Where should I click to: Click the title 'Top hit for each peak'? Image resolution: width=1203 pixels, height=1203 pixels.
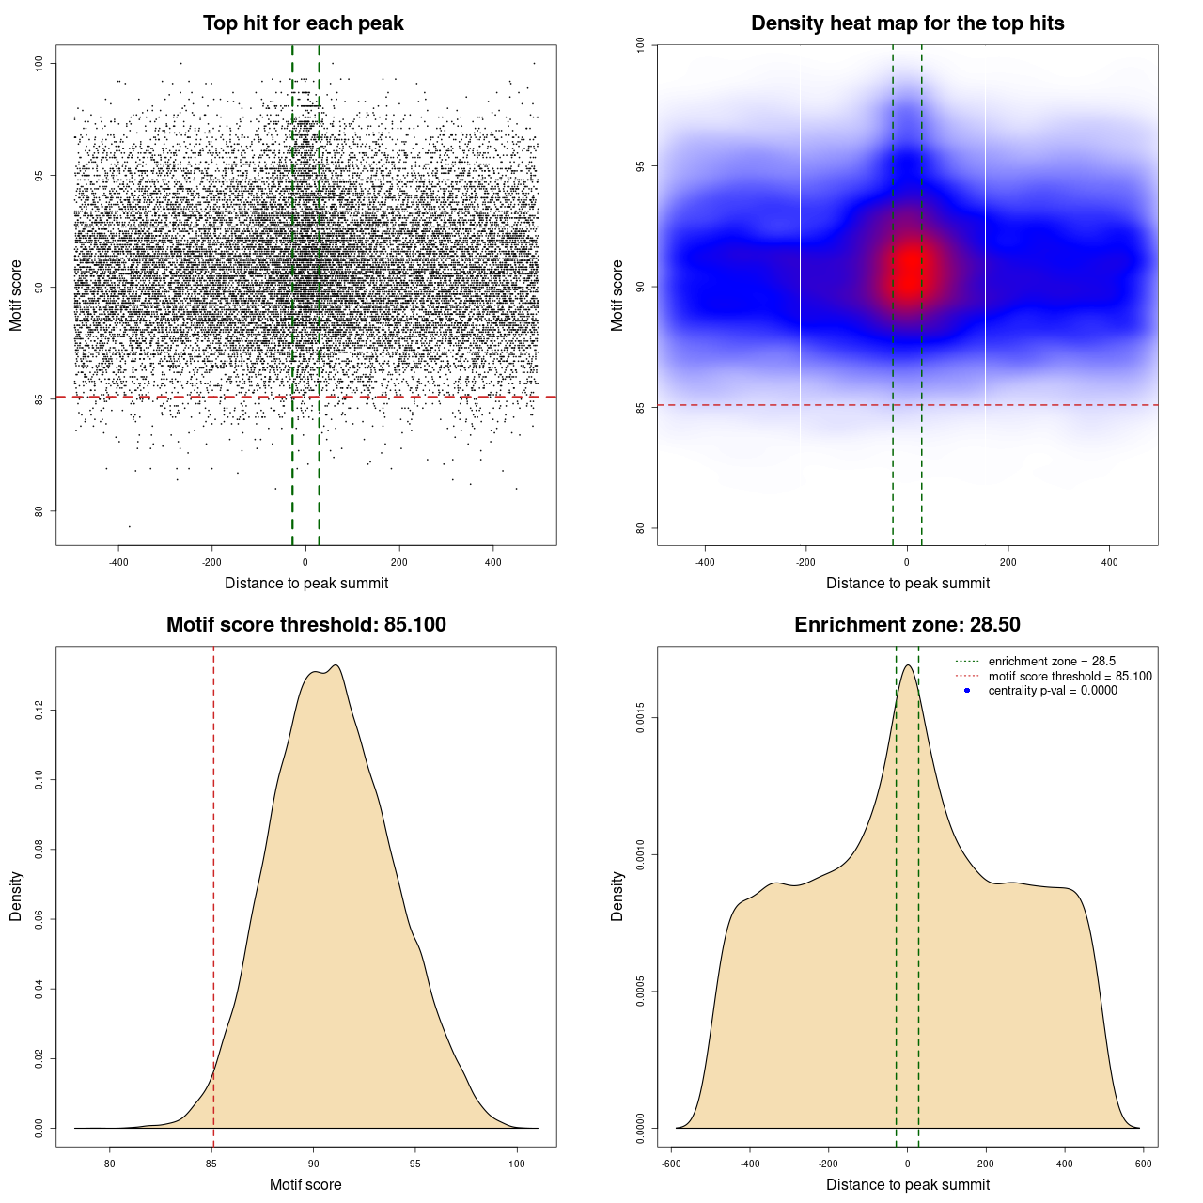(x=303, y=23)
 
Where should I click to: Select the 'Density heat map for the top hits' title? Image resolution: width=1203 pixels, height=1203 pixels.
(x=907, y=23)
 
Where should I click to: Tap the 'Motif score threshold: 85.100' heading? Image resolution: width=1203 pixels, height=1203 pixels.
(x=305, y=625)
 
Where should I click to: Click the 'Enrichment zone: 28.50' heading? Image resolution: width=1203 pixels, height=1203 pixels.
(x=907, y=625)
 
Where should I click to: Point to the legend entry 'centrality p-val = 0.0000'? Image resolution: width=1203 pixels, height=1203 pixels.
(x=1053, y=691)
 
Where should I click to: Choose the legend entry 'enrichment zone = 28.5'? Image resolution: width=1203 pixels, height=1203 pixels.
(x=1052, y=662)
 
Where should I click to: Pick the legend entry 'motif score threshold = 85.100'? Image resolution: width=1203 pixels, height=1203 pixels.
(x=1070, y=677)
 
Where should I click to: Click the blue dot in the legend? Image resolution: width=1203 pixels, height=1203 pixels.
(x=967, y=691)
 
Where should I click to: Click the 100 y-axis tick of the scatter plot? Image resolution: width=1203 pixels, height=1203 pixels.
(x=39, y=63)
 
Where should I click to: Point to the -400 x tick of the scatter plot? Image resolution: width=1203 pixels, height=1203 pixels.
(x=118, y=563)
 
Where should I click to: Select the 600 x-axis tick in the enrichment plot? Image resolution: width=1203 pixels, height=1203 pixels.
(x=1143, y=1164)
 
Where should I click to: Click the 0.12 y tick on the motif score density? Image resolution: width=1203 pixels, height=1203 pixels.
(x=39, y=711)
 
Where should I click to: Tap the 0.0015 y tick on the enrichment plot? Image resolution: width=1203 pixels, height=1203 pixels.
(x=641, y=719)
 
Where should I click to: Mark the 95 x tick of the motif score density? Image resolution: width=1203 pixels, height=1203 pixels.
(x=415, y=1164)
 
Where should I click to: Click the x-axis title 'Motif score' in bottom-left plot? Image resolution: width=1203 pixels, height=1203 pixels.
(x=305, y=1184)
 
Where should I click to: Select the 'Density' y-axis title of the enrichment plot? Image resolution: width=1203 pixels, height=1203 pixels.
(x=617, y=896)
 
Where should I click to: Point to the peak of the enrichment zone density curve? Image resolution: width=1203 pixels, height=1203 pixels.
(x=908, y=665)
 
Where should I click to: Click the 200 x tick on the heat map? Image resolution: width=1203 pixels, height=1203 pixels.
(x=1008, y=563)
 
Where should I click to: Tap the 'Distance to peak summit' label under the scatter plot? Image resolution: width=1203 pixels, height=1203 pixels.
(x=306, y=584)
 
